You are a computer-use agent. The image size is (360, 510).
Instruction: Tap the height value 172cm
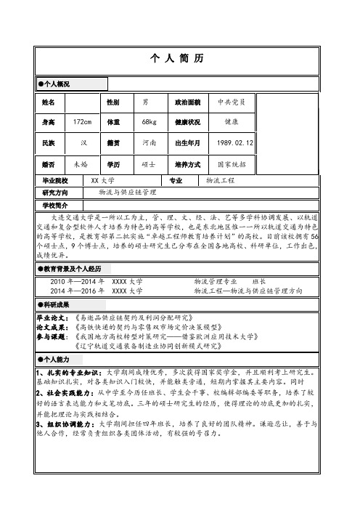81,123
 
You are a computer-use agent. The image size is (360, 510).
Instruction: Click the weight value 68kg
150,123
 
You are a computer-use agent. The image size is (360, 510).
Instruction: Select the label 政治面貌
188,102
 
